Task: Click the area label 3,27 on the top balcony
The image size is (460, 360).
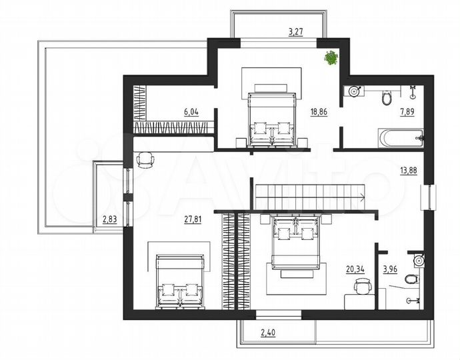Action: [295, 32]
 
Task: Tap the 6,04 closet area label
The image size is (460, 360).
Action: [191, 112]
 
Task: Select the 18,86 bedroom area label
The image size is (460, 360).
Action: [319, 112]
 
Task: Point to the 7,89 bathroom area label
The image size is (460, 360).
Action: [407, 112]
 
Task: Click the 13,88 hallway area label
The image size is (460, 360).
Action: [409, 171]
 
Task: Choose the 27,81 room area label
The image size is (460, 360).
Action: [193, 219]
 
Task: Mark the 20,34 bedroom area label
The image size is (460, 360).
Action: [355, 269]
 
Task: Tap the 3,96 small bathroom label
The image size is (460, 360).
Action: [390, 269]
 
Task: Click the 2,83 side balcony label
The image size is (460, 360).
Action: [110, 219]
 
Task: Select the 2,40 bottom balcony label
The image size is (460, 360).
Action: [268, 333]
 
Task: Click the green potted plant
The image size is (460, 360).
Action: [331, 58]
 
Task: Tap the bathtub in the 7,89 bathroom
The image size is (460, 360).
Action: [401, 138]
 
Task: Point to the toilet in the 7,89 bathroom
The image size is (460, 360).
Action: [387, 98]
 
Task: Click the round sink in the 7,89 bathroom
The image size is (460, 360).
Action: [354, 91]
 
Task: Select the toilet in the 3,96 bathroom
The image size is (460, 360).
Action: [411, 279]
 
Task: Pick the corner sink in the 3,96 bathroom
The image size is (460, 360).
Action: [419, 260]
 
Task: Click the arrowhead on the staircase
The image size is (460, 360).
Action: [362, 197]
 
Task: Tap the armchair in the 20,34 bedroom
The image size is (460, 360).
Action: [363, 286]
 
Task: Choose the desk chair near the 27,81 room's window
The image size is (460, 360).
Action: [145, 160]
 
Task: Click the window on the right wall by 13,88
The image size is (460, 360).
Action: [428, 197]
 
